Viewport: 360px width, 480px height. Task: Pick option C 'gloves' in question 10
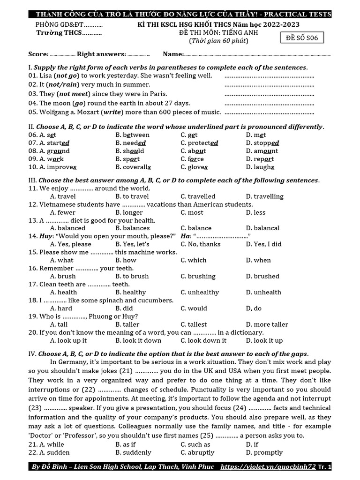[x=194, y=167]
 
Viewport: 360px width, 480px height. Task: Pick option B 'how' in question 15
[x=126, y=260]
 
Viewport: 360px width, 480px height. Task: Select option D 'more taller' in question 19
[x=267, y=324]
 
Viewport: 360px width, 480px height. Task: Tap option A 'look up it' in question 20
[x=68, y=340]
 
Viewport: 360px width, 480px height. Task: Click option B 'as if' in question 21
[x=126, y=444]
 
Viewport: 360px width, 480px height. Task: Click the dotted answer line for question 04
[x=270, y=103]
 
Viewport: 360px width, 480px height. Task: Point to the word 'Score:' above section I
[x=38, y=54]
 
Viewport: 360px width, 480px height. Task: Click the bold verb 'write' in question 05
[x=111, y=112]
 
